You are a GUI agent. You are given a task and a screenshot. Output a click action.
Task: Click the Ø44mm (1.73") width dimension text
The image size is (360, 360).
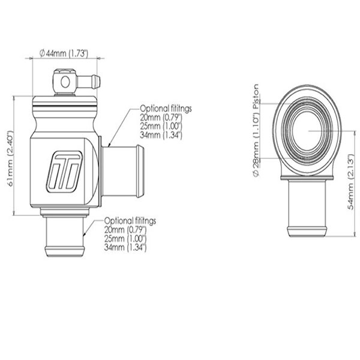(64, 53)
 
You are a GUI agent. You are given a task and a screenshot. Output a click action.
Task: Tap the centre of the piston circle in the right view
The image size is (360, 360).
(308, 129)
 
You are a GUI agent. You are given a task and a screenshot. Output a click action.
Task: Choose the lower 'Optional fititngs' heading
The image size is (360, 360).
(130, 221)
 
